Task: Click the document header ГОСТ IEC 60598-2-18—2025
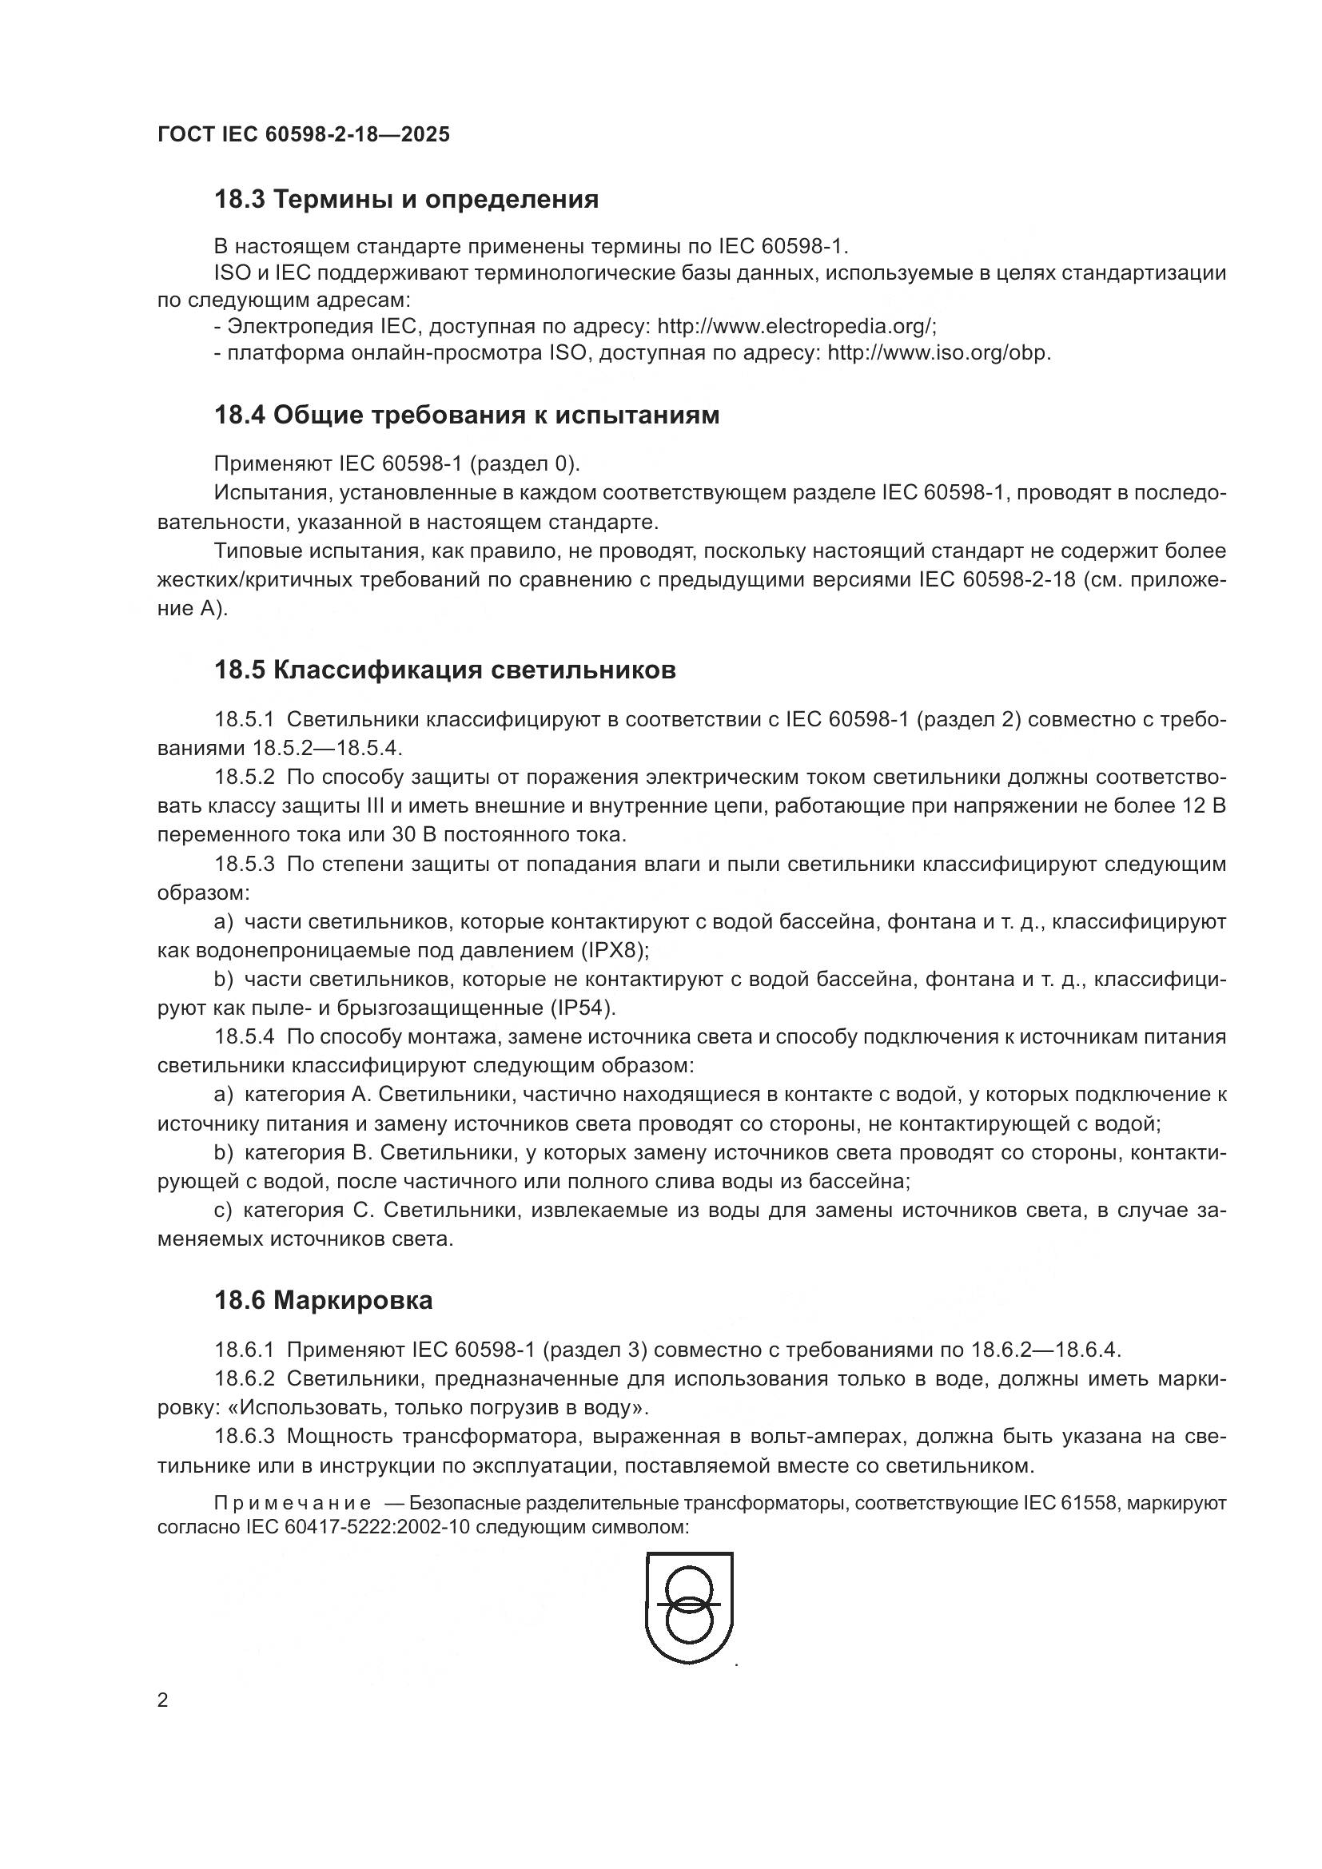[x=303, y=135]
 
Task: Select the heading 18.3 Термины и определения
[x=406, y=200]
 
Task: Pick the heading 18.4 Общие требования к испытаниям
[x=467, y=416]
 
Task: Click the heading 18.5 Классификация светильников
[x=444, y=670]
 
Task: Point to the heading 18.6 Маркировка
[x=323, y=1301]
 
